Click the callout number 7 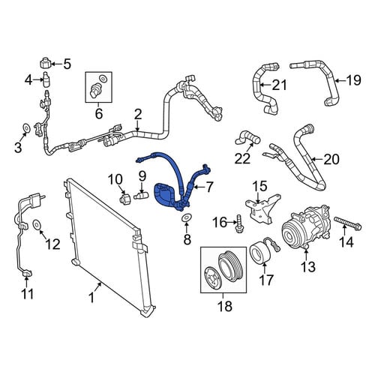click(208, 187)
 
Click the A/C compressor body click(307, 226)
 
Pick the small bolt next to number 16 click(239, 223)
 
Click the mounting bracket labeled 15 click(262, 208)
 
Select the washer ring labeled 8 click(186, 217)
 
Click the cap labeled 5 click(46, 63)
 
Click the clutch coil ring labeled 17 click(259, 253)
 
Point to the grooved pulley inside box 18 click(229, 265)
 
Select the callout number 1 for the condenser click(91, 298)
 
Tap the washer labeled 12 click(37, 224)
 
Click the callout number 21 click(279, 85)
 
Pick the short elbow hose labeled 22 click(247, 138)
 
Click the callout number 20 click(331, 159)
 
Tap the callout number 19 click(353, 80)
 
